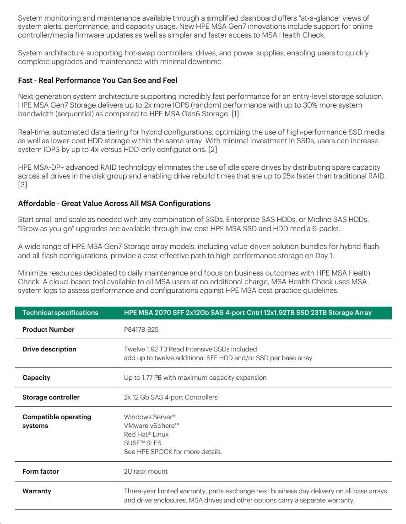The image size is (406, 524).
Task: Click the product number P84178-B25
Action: coord(141,330)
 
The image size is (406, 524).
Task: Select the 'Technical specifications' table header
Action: coord(60,313)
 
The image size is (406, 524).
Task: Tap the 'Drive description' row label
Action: coord(49,349)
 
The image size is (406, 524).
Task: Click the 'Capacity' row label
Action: coord(36,378)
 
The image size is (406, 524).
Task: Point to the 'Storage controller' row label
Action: coord(51,397)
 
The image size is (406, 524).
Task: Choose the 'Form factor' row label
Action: coord(41,471)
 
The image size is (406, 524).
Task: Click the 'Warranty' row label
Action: coord(37,491)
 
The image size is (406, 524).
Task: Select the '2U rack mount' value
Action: coord(146,471)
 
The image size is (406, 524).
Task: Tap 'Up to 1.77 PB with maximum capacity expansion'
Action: coord(195,378)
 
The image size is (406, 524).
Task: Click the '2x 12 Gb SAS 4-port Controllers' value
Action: coord(171,397)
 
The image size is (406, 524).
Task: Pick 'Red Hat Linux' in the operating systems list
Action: coord(146,434)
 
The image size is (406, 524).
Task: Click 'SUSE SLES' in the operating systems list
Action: coord(142,443)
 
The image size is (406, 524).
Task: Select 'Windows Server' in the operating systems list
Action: coord(150,417)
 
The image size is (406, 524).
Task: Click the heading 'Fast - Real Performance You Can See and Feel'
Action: coord(97,80)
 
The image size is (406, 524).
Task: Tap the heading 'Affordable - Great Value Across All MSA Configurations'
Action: coord(114,203)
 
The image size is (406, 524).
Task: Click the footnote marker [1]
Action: coord(234,113)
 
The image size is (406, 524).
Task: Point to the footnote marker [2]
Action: coord(212,150)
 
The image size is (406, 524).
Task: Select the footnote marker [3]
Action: coord(22,185)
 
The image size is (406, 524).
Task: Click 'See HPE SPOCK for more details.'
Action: coord(173,452)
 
